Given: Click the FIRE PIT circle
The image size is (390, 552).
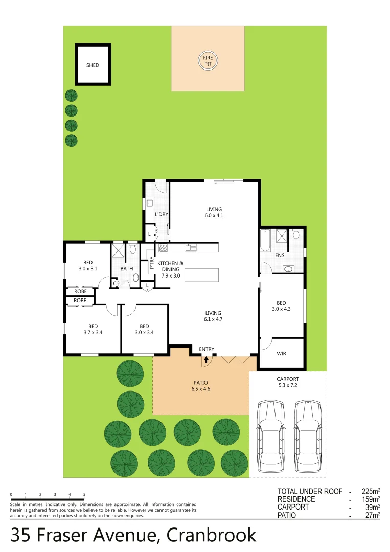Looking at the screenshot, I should pyautogui.click(x=208, y=61).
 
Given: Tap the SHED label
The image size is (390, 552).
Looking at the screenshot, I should pyautogui.click(x=93, y=65).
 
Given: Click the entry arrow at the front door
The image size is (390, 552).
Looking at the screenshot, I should pyautogui.click(x=207, y=360).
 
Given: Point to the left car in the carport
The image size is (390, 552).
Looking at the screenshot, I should pyautogui.click(x=270, y=436).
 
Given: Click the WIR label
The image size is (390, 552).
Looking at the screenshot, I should pyautogui.click(x=281, y=353).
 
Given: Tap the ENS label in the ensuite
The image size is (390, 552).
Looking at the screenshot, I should pyautogui.click(x=280, y=255).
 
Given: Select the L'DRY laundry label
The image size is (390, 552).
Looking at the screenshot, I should pyautogui.click(x=162, y=214).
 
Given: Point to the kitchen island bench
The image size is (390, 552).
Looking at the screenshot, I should pyautogui.click(x=201, y=275).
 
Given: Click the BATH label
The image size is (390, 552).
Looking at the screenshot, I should pyautogui.click(x=127, y=268).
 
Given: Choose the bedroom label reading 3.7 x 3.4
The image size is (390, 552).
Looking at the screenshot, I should pyautogui.click(x=93, y=329).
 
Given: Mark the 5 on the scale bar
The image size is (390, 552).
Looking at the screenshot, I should pyautogui.click(x=84, y=494).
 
